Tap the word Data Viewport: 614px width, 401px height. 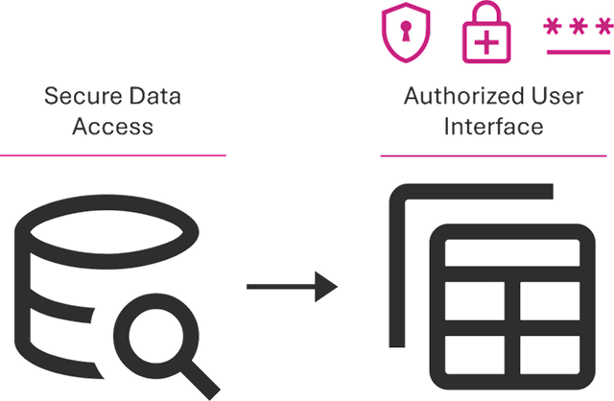[154, 97]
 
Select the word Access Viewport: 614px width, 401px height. [113, 126]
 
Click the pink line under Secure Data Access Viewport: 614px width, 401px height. [113, 154]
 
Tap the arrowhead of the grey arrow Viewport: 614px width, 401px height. [332, 286]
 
